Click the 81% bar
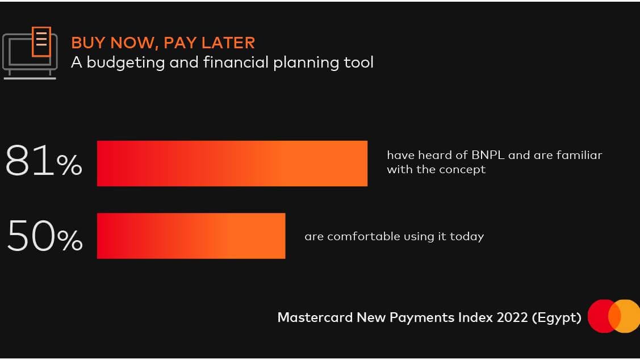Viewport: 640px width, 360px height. [x=232, y=164]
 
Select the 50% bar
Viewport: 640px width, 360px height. [x=191, y=236]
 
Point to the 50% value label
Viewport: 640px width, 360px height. [x=45, y=235]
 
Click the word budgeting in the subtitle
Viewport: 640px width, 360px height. [x=126, y=63]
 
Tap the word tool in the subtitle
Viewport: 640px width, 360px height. [x=358, y=62]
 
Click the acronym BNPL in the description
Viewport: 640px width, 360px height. [x=488, y=155]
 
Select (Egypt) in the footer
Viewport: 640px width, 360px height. [x=557, y=317]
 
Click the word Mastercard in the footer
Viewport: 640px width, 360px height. [x=315, y=317]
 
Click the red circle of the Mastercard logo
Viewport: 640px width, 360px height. [x=603, y=316]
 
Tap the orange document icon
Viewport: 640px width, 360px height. [x=41, y=41]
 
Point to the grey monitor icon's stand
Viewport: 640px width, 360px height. [x=30, y=75]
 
